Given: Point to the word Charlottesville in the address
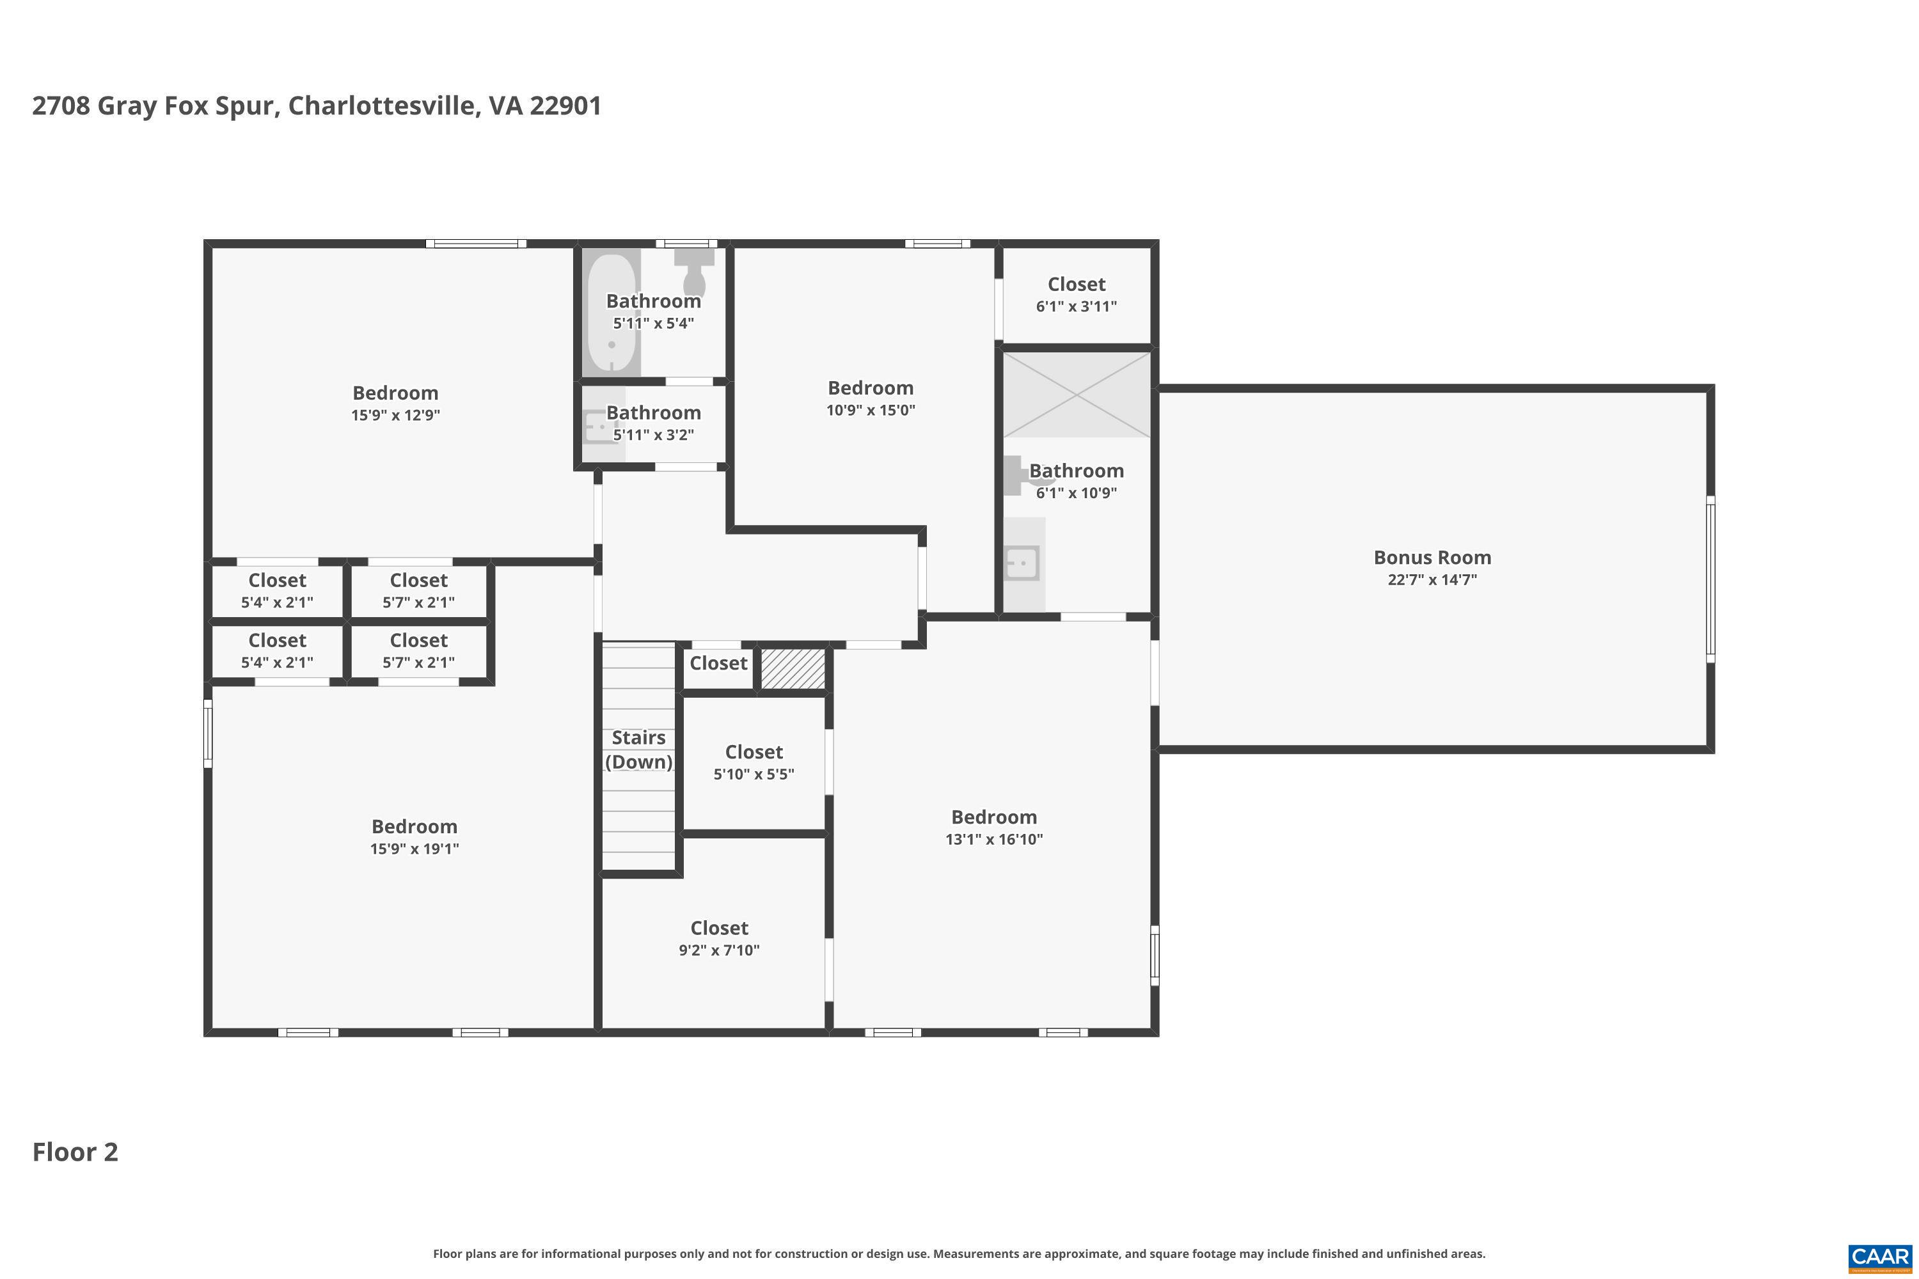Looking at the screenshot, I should (383, 106).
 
